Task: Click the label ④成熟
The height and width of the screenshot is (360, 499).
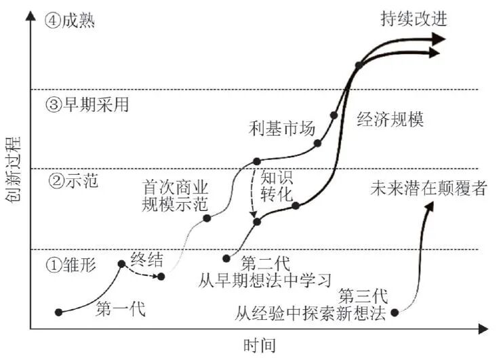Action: tap(70, 20)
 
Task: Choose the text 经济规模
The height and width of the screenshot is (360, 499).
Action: tap(390, 119)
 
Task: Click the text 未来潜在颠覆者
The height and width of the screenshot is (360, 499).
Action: tap(428, 188)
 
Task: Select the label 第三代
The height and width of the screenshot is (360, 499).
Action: tap(363, 296)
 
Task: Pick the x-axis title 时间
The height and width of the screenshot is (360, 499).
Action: tap(260, 346)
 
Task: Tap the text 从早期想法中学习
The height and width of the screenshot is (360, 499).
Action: tap(266, 279)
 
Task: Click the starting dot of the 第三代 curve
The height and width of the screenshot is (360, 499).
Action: tap(395, 312)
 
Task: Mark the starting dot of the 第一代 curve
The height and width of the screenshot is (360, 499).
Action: tap(59, 312)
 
